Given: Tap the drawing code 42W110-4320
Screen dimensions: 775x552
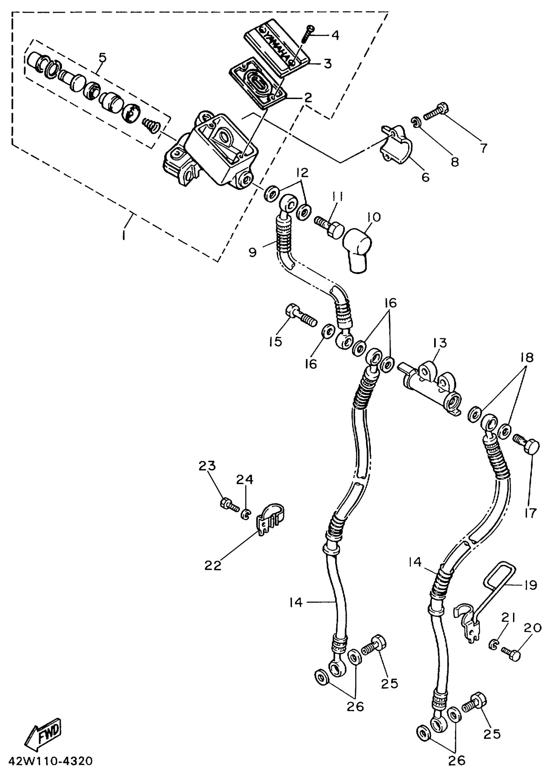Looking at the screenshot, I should (50, 761).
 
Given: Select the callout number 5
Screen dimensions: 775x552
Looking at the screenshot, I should (103, 58).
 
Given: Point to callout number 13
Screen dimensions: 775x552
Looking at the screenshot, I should (440, 343).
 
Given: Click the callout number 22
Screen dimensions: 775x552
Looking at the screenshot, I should (213, 565).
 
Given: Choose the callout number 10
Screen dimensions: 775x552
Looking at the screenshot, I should (374, 217).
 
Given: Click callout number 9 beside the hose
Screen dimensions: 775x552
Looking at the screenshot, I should (253, 252).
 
